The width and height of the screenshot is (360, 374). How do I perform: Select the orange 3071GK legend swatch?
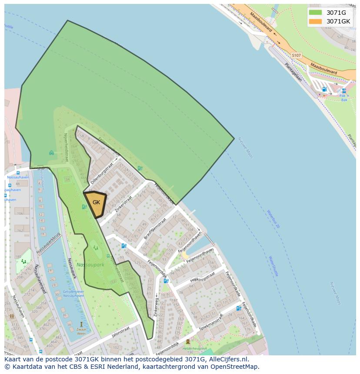pos(315,21)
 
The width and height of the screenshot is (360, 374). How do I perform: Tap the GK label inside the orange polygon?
pos(96,202)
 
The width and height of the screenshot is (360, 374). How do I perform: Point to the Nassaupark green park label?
pos(90,265)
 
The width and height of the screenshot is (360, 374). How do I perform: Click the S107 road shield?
pos(296,56)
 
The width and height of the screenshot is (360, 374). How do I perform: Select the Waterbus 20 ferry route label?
pos(273,219)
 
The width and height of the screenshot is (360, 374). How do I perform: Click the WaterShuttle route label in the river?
pos(273,266)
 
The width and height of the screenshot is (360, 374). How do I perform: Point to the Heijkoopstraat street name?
pos(203,278)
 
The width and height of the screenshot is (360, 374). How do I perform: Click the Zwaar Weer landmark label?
pos(81,332)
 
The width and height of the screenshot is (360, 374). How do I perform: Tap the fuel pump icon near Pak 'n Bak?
pos(324,89)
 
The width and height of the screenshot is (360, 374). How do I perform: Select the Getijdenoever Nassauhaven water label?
pos(73,294)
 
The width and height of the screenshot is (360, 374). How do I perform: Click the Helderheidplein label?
pos(194,348)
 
